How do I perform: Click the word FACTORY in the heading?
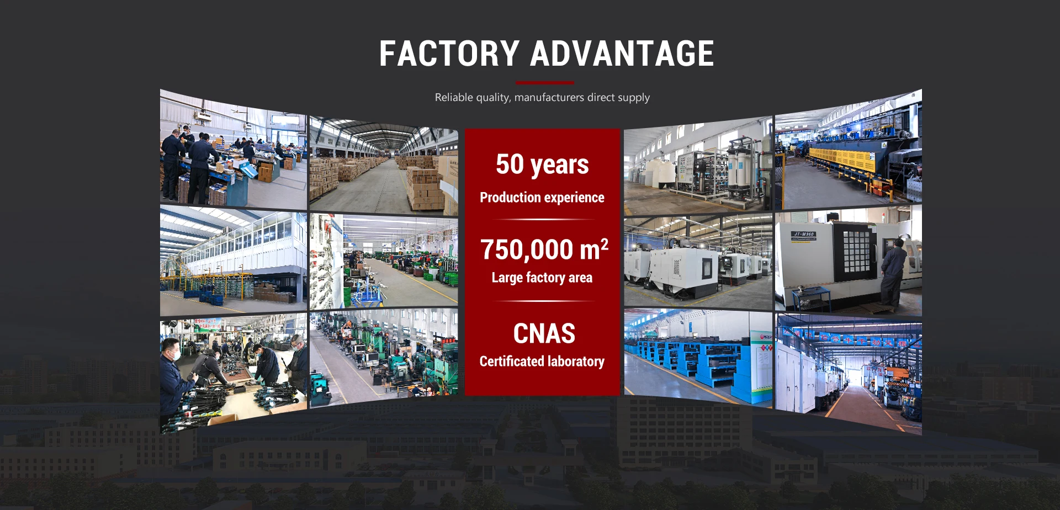pos(449,54)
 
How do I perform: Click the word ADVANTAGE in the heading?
pos(622,54)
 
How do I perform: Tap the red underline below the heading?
pos(545,83)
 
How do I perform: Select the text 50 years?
pos(542,164)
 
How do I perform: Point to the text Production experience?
pos(542,198)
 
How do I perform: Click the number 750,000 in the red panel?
pos(527,249)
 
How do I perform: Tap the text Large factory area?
pos(542,277)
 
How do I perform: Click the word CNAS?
pos(544,333)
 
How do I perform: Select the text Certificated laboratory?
pos(542,361)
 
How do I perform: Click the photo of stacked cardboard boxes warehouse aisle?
pos(384,166)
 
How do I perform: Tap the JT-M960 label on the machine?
pos(804,235)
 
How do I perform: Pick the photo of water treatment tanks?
pos(698,166)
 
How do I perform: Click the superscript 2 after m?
pos(605,243)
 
